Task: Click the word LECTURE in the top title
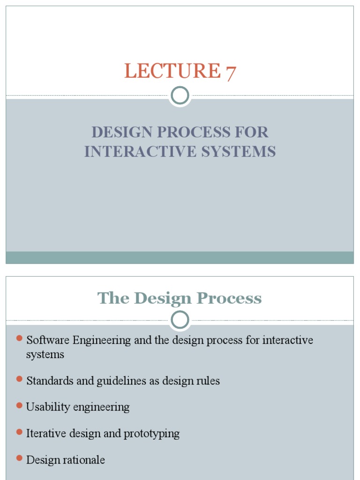172,71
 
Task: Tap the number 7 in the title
231,73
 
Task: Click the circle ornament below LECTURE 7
180,96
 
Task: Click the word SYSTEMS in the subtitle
241,151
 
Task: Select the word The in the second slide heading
113,298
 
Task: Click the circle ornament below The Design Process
180,321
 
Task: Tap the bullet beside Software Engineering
19,338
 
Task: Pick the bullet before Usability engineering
19,405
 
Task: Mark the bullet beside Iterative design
19,432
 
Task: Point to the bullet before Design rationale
19,458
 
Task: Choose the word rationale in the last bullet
85,460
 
